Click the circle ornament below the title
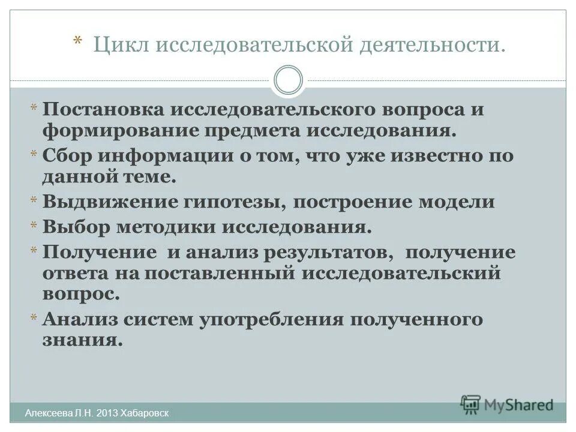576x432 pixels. [288, 80]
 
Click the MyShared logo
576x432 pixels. [507, 404]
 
